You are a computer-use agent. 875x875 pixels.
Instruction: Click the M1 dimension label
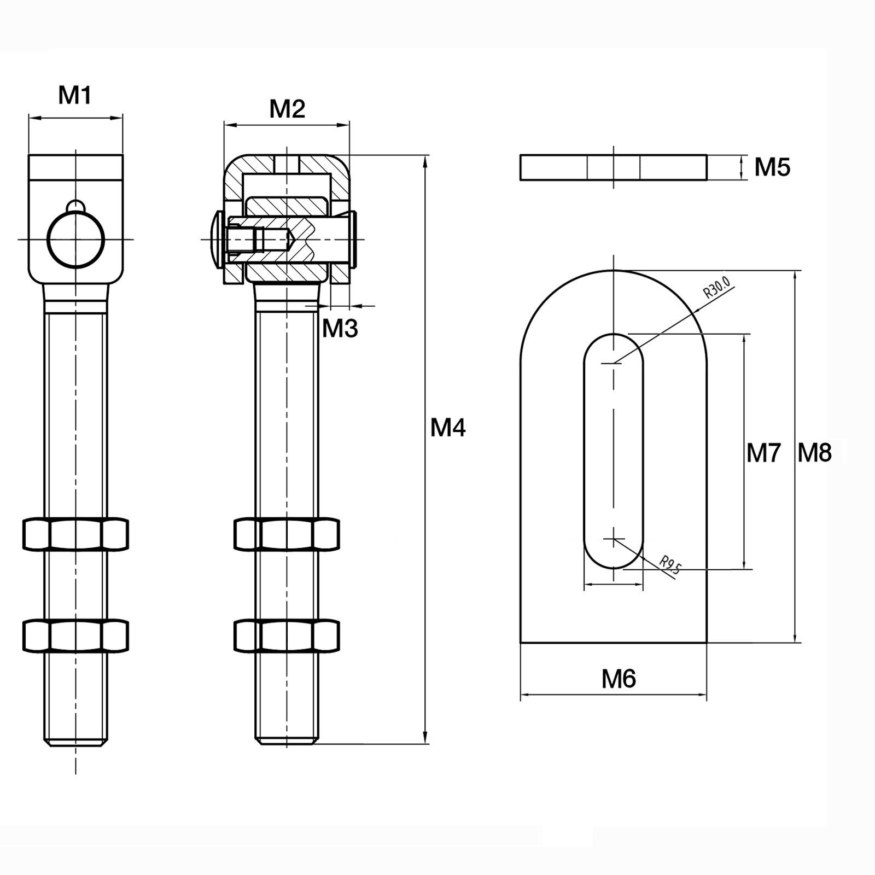75,96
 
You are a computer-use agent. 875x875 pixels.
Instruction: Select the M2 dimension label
287,109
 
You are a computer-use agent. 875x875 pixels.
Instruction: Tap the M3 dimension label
340,329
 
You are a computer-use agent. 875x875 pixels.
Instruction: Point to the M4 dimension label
448,427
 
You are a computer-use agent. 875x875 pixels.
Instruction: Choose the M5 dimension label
772,167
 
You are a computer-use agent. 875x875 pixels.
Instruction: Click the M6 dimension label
619,679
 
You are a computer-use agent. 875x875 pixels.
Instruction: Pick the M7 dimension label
763,453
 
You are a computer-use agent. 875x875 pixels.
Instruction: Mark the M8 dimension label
814,453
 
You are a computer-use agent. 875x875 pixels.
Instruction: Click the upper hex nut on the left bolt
75,534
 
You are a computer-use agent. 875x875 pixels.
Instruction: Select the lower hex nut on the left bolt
75,635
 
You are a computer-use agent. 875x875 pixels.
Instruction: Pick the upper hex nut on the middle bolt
287,534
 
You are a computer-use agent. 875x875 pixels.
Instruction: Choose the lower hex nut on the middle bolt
287,635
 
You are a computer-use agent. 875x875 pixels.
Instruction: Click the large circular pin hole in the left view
75,240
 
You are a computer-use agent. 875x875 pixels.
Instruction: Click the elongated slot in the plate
614,451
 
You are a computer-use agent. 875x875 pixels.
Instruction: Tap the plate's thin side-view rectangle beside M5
614,167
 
